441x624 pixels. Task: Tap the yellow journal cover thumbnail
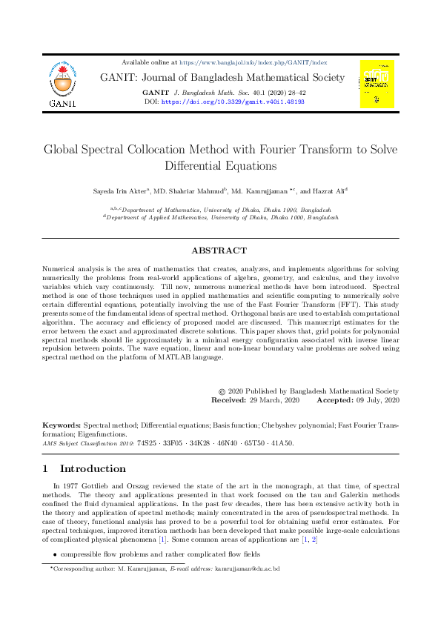click(x=377, y=83)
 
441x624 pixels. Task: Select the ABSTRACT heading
click(x=219, y=250)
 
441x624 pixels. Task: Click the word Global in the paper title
click(x=64, y=150)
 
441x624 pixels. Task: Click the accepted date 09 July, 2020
click(x=377, y=399)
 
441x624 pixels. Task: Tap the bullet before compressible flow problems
click(x=54, y=554)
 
